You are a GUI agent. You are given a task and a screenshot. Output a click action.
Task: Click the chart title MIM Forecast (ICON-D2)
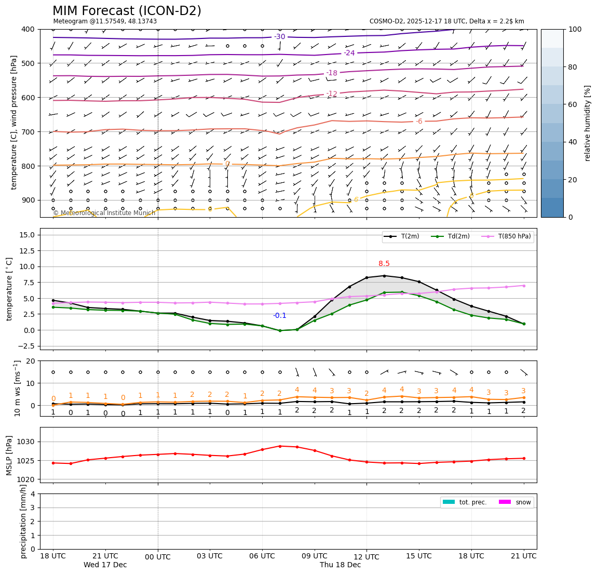tap(127, 11)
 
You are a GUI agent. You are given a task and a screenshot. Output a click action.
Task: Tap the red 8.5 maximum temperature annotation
tap(384, 263)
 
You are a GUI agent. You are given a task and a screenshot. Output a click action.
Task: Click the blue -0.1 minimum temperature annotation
tap(280, 315)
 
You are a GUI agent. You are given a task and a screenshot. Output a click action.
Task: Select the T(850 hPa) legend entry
tap(514, 236)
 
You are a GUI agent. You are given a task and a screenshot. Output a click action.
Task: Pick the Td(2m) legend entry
tap(458, 236)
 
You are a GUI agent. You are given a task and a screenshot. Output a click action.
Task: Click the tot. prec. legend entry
tap(473, 502)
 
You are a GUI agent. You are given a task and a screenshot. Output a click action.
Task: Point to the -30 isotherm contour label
tap(280, 36)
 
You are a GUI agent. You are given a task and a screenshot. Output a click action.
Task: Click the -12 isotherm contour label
tap(332, 94)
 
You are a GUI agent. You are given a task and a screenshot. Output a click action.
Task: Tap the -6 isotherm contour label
tap(419, 122)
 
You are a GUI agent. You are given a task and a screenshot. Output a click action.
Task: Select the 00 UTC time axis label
tap(158, 557)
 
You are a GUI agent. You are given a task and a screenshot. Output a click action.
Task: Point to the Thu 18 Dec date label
tap(340, 565)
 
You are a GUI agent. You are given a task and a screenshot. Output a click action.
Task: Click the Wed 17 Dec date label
tap(105, 565)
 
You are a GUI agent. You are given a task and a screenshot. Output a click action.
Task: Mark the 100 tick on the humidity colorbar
tap(575, 29)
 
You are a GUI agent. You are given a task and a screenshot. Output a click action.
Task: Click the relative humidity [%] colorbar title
tap(588, 123)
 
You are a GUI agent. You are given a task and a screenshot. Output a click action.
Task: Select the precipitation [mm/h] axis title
tap(23, 521)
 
